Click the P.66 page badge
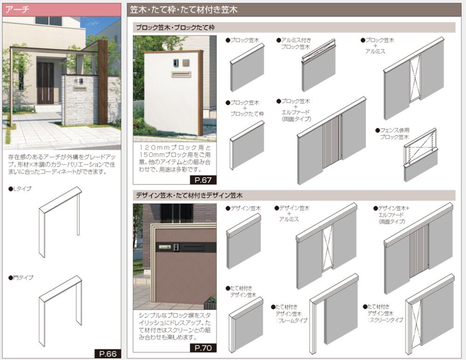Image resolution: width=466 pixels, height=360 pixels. click(108, 353)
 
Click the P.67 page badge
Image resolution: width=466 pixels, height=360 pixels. click(203, 180)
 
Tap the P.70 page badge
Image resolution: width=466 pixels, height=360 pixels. click(203, 348)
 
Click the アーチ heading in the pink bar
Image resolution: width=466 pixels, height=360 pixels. click(17, 9)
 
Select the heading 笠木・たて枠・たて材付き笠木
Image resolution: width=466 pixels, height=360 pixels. click(184, 10)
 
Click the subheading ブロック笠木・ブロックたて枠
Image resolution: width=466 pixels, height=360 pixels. click(175, 27)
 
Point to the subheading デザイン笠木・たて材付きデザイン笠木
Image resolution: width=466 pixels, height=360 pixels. click(189, 196)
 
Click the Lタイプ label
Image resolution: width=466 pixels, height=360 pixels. click(20, 189)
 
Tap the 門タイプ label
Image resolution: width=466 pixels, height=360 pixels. click(21, 278)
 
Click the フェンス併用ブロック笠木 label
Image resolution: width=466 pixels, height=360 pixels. click(392, 134)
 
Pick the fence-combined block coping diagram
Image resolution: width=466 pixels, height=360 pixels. click(420, 155)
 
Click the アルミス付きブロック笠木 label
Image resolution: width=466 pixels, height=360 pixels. click(294, 43)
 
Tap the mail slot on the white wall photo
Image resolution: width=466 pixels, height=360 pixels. click(181, 74)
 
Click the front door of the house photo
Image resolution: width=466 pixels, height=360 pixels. click(45, 83)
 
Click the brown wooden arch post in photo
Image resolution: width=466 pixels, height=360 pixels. click(103, 82)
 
